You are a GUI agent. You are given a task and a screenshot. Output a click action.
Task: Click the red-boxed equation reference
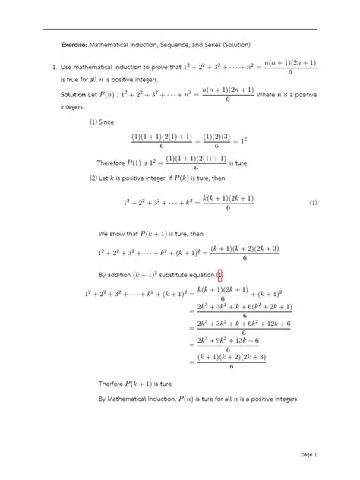[x=219, y=274]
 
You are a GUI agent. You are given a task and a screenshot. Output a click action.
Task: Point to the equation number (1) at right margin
[x=313, y=203]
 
